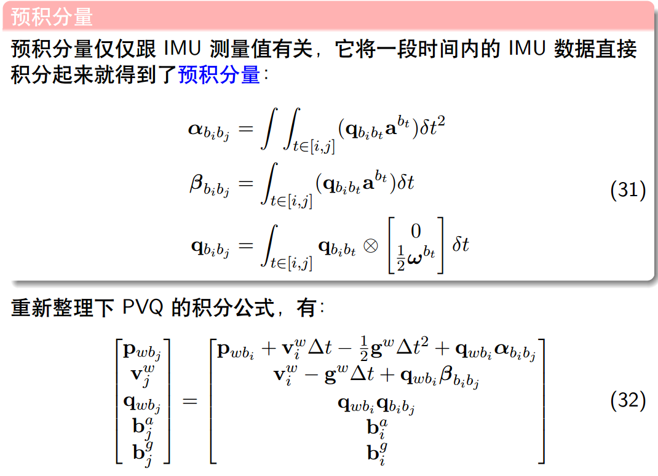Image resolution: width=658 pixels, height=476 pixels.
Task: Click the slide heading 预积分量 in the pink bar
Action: [x=52, y=17]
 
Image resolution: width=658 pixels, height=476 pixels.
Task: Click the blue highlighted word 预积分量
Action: [x=219, y=75]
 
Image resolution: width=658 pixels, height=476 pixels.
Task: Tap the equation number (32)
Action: [x=627, y=401]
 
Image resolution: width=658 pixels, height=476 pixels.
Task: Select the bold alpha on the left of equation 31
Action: [x=196, y=129]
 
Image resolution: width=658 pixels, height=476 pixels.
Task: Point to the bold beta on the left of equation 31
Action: [x=196, y=183]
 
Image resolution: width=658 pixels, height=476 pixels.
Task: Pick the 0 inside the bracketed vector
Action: [x=416, y=231]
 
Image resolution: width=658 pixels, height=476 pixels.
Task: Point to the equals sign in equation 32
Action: [x=189, y=401]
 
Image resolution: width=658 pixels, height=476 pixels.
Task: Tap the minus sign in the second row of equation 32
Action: [x=312, y=375]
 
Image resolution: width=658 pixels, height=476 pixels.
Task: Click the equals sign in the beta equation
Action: [x=245, y=183]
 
